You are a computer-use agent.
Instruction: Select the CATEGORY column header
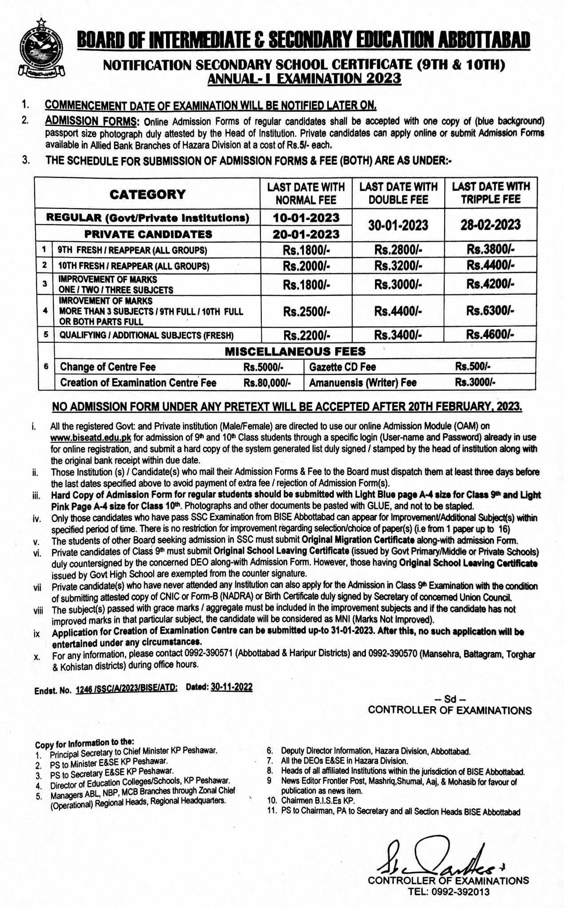pyautogui.click(x=147, y=194)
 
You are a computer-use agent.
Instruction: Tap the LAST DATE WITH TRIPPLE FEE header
pyautogui.click(x=491, y=193)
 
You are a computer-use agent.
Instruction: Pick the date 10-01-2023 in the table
pyautogui.click(x=306, y=218)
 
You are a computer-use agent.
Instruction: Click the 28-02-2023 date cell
pyautogui.click(x=490, y=225)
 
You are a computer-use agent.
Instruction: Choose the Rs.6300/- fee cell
pyautogui.click(x=490, y=311)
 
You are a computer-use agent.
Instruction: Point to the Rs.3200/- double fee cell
pyautogui.click(x=398, y=266)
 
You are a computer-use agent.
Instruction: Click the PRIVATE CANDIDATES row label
pyautogui.click(x=148, y=234)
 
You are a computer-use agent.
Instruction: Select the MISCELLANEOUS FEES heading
pyautogui.click(x=295, y=352)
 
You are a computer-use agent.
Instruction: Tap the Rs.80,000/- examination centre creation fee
pyautogui.click(x=267, y=383)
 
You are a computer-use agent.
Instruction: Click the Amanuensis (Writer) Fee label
pyautogui.click(x=363, y=383)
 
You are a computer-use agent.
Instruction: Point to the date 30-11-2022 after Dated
pyautogui.click(x=232, y=687)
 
